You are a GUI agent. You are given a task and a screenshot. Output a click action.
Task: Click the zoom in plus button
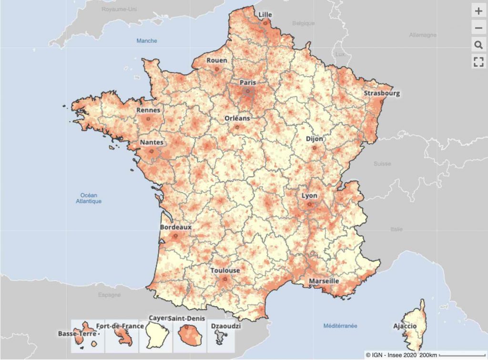[478, 11]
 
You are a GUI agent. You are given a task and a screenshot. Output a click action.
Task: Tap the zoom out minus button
[478, 28]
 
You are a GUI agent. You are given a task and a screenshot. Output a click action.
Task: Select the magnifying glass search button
[478, 45]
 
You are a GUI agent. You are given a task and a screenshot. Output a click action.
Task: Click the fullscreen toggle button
[478, 61]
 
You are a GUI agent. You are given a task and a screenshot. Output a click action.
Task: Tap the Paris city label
[248, 82]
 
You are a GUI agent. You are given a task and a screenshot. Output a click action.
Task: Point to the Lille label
[265, 15]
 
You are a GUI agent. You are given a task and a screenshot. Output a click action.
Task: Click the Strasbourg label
[382, 93]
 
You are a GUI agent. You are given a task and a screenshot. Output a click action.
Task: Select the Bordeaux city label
[176, 227]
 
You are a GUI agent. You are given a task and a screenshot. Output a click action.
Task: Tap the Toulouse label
[225, 270]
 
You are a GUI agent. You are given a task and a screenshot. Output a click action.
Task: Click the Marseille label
[324, 281]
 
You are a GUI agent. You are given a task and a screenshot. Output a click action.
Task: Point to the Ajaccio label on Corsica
[405, 326]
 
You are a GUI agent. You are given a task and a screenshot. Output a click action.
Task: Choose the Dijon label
[315, 139]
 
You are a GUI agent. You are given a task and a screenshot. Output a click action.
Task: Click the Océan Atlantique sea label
[89, 198]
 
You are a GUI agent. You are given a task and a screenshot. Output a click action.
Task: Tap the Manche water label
[147, 41]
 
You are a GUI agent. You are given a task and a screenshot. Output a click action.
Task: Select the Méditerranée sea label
[340, 326]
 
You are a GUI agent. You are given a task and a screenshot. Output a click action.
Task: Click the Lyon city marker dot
[310, 205]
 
